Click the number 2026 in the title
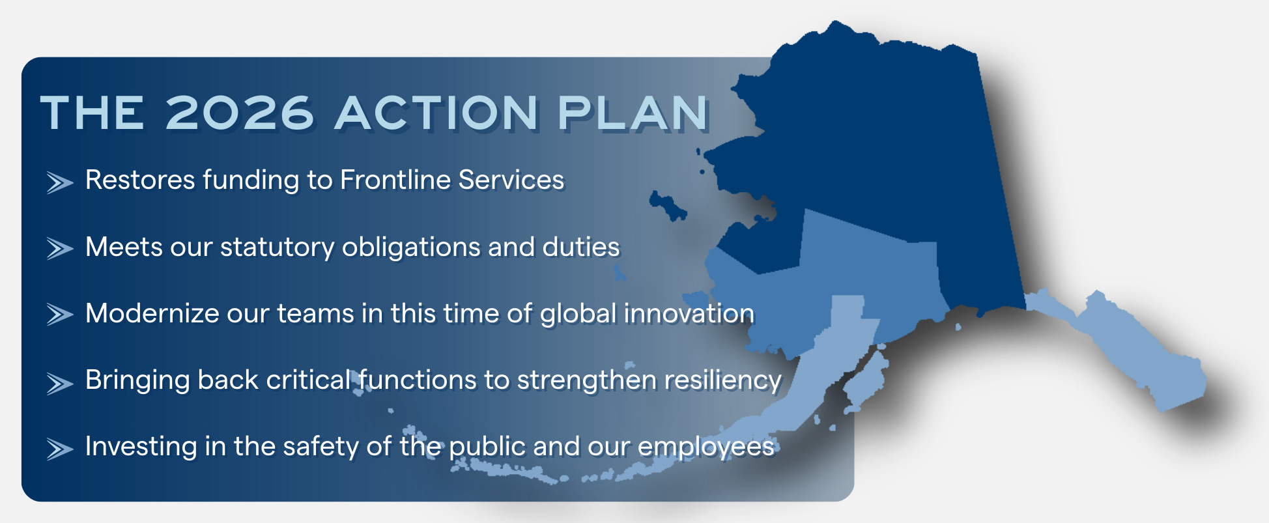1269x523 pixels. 240,113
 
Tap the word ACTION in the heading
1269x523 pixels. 436,113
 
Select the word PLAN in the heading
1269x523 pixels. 633,113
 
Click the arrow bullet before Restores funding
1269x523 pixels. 59,183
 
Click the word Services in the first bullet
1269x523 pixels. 511,180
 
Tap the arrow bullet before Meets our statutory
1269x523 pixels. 59,249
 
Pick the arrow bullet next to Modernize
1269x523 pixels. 59,315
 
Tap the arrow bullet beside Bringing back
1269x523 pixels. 59,383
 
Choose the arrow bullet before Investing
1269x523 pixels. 59,449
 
